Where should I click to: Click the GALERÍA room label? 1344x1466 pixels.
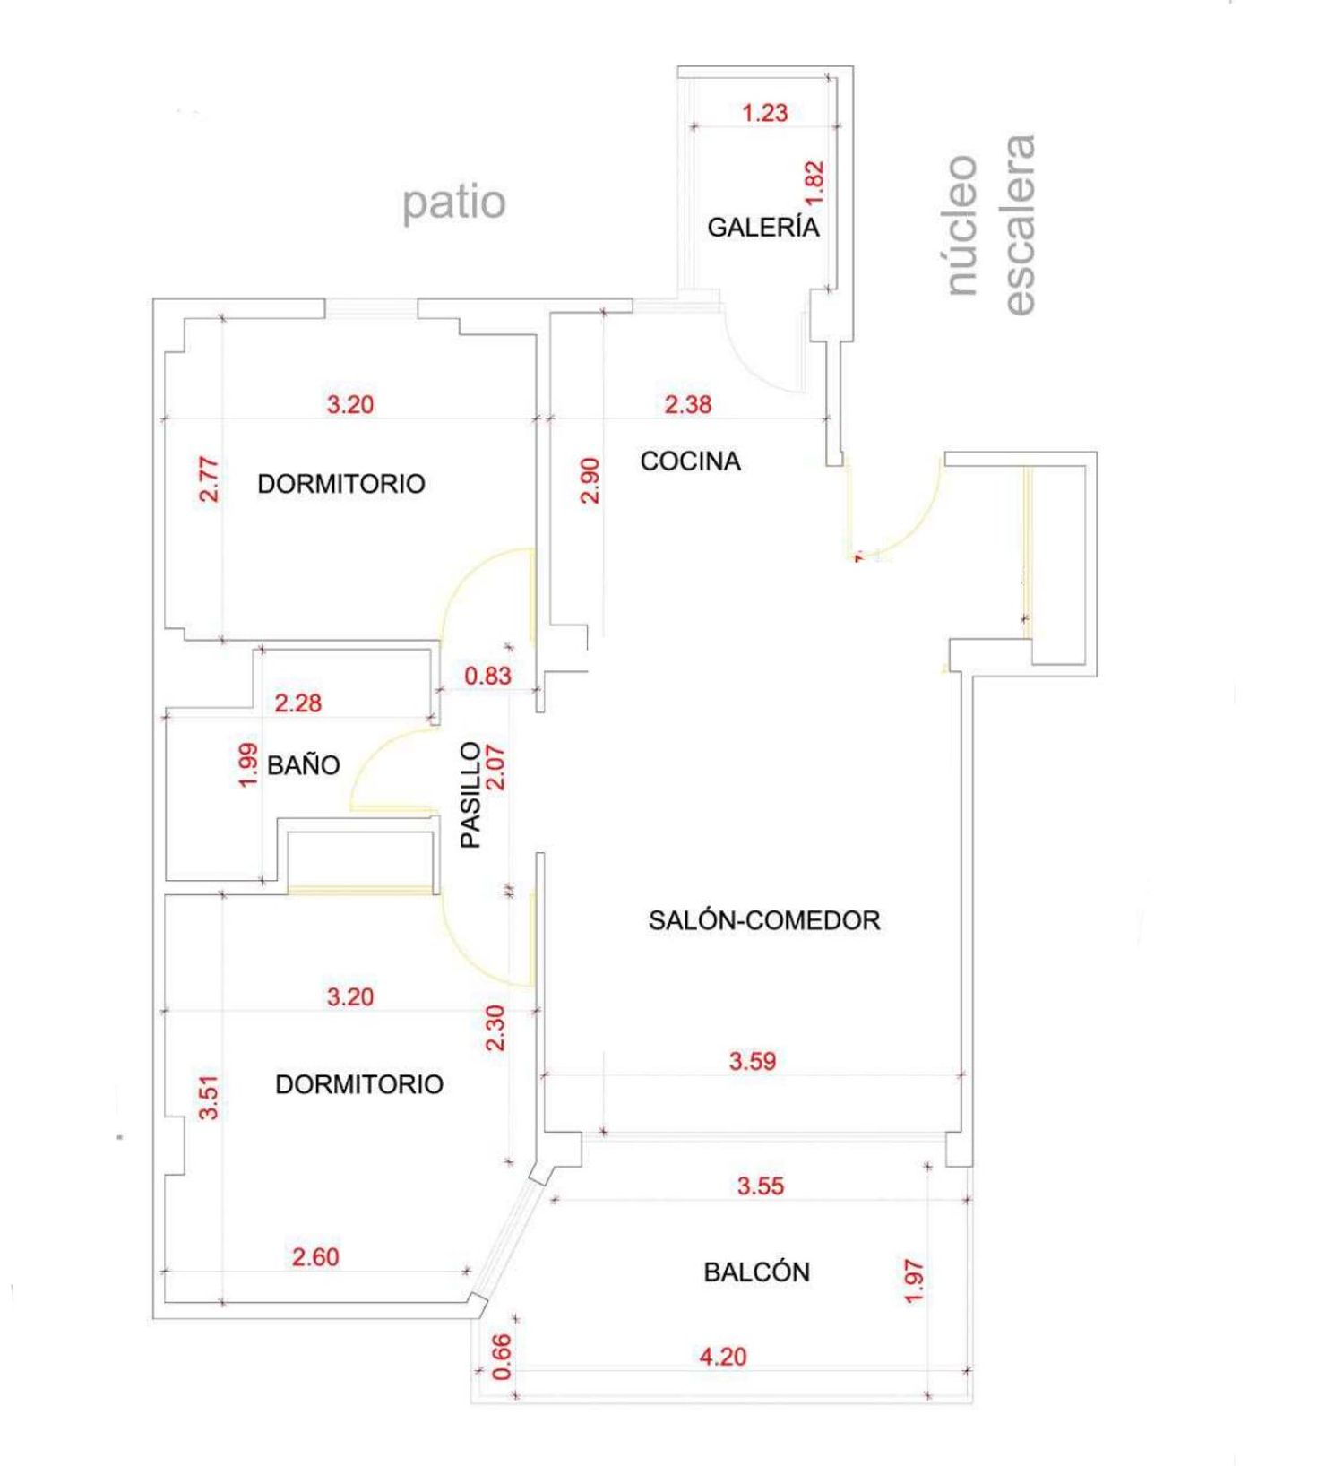(763, 227)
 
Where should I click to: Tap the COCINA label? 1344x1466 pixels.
(690, 461)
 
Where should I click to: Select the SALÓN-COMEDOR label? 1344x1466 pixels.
(764, 920)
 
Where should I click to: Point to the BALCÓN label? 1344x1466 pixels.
(756, 1272)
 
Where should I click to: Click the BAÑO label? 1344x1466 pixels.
(304, 765)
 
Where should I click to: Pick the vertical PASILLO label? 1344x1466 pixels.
(470, 795)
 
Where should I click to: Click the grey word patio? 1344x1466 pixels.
(454, 203)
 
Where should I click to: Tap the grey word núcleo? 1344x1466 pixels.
(961, 225)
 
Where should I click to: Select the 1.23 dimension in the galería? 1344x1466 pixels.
(765, 113)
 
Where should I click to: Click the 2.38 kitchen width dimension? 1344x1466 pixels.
(688, 405)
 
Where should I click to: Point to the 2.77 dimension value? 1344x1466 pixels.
(209, 479)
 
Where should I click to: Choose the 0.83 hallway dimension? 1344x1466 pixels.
(487, 676)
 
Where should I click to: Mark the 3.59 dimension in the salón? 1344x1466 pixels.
(753, 1062)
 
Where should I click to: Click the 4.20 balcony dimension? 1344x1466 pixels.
(722, 1357)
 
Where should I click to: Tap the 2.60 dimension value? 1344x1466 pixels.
(315, 1257)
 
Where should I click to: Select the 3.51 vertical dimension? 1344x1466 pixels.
(209, 1097)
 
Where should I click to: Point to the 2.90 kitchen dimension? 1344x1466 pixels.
(590, 480)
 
